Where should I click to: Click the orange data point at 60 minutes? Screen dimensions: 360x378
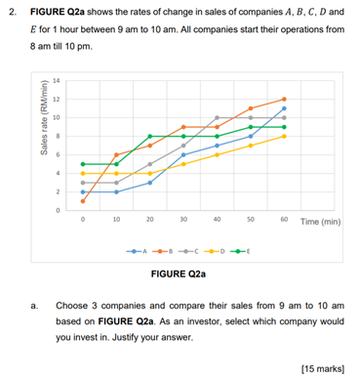[x=284, y=99]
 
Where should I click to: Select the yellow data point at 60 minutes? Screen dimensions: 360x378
[x=284, y=136]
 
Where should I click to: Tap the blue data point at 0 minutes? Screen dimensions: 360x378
[x=83, y=191]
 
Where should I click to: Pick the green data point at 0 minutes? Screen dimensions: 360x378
[x=83, y=164]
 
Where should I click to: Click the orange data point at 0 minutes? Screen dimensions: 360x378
[x=83, y=201]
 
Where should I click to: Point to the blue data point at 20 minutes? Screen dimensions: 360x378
[x=150, y=183]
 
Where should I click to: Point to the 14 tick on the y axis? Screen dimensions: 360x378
[x=57, y=80]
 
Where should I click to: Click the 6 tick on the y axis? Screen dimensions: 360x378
[x=58, y=154]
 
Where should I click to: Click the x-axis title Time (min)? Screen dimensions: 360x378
[x=320, y=221]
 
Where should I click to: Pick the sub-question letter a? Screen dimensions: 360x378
[x=34, y=303]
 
